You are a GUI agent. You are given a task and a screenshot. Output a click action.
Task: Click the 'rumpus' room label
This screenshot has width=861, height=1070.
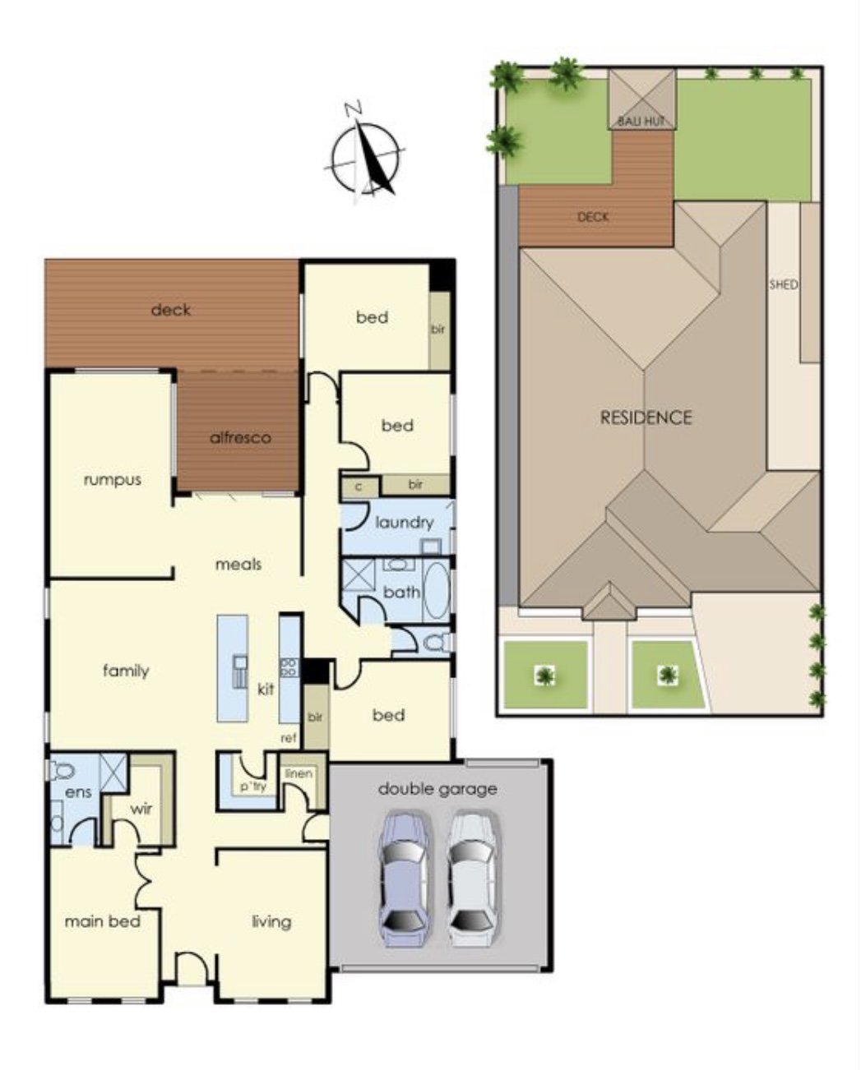(x=113, y=479)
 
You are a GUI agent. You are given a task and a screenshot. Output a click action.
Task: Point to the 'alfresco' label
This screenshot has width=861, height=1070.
(x=240, y=437)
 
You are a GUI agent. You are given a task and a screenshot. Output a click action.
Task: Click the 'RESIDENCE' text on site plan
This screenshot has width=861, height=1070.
(x=646, y=417)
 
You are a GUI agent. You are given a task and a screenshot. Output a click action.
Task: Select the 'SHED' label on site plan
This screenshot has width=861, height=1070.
(x=783, y=285)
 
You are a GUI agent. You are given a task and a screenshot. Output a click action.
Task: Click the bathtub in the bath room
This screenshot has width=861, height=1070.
(x=436, y=591)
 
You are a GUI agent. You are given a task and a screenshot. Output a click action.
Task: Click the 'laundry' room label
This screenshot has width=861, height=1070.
(x=404, y=522)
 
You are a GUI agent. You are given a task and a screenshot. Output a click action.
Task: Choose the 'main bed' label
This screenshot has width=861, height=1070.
(x=103, y=921)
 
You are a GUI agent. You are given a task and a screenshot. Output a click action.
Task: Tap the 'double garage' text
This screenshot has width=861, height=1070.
(x=437, y=789)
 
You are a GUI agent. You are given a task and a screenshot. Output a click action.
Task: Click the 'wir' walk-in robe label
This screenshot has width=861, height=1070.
(x=141, y=809)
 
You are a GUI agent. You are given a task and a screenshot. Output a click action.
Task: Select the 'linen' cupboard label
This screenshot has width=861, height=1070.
(x=298, y=773)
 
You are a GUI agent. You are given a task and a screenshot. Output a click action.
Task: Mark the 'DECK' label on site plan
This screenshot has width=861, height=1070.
(x=593, y=217)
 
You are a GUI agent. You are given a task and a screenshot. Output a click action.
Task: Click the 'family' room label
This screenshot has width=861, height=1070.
(x=126, y=671)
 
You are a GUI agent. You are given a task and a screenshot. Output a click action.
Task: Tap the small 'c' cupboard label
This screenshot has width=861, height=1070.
(x=359, y=486)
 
